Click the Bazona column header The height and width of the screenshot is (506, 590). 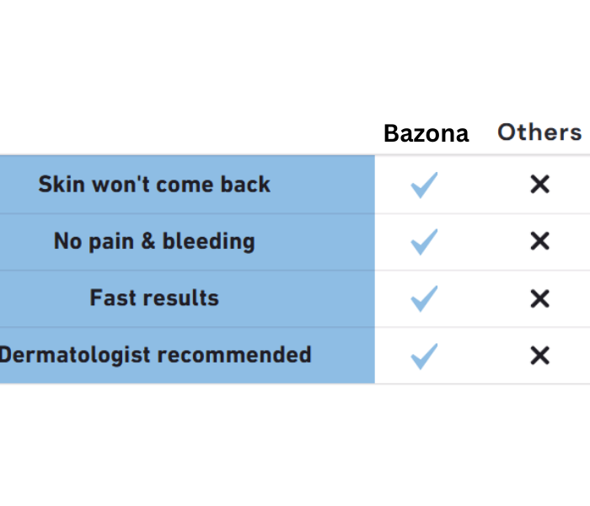tap(426, 133)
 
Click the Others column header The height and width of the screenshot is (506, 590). tap(539, 132)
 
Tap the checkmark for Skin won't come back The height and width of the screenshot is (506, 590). tap(424, 185)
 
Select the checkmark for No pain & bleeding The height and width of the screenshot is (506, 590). tap(424, 242)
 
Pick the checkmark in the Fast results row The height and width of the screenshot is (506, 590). tap(424, 299)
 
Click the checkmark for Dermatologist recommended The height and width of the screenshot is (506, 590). tap(424, 356)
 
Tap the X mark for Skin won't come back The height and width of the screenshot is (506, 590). tap(540, 185)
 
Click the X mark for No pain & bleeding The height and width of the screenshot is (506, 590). tap(540, 241)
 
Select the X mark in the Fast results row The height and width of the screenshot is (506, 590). tap(540, 299)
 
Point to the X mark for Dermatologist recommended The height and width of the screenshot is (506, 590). tap(540, 356)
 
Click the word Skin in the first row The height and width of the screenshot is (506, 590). tap(62, 184)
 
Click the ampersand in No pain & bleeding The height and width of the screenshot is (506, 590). tap(148, 241)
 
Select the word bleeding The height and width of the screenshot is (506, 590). tap(209, 242)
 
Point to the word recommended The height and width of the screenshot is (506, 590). tap(234, 355)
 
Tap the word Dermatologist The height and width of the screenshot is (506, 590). tap(75, 355)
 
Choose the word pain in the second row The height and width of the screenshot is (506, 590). tap(111, 242)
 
